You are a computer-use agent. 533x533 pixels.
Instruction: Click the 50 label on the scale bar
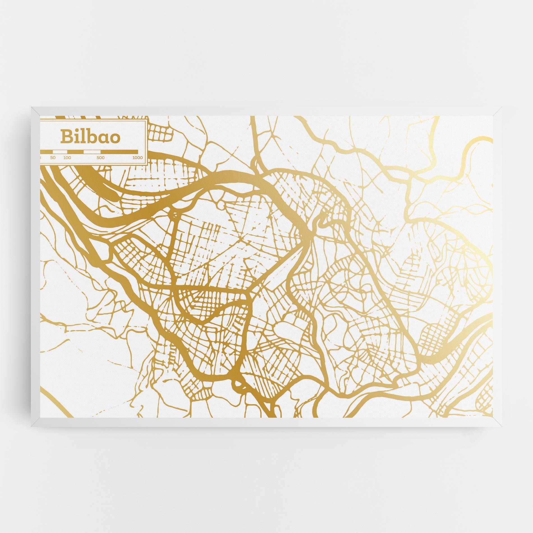53,158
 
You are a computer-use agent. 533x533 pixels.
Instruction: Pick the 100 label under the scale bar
67,158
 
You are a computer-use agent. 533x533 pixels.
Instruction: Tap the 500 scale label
100,158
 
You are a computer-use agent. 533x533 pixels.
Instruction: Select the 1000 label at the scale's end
137,158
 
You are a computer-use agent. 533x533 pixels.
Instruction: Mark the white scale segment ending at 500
90,152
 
